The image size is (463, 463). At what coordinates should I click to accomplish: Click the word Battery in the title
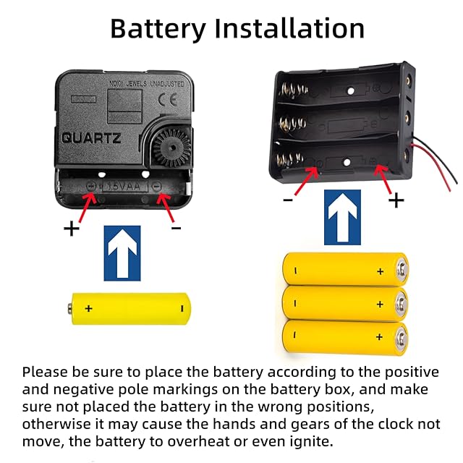click(x=158, y=29)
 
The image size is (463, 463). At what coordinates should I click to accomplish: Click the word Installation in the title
click(x=289, y=28)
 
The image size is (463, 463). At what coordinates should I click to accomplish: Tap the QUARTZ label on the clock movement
click(x=91, y=138)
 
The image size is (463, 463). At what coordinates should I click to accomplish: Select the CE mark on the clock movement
click(x=168, y=100)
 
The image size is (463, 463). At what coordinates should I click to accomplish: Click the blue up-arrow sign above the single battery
click(x=122, y=253)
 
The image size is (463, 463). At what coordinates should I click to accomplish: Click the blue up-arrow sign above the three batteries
click(x=342, y=217)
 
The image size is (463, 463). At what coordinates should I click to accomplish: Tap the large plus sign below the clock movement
click(x=72, y=229)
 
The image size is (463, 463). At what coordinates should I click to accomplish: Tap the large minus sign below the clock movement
click(x=177, y=228)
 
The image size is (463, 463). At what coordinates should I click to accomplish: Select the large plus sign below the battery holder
click(x=396, y=201)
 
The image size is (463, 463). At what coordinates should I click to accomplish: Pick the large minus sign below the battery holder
click(x=288, y=200)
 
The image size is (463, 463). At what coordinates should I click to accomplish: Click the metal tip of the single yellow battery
click(x=69, y=309)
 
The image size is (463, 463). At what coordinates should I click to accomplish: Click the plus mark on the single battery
click(x=88, y=309)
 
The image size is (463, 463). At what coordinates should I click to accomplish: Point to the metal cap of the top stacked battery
click(x=402, y=268)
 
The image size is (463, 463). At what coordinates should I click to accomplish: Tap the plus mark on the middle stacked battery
click(x=380, y=304)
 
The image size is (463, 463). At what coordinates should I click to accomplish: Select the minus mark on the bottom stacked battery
click(x=294, y=334)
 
